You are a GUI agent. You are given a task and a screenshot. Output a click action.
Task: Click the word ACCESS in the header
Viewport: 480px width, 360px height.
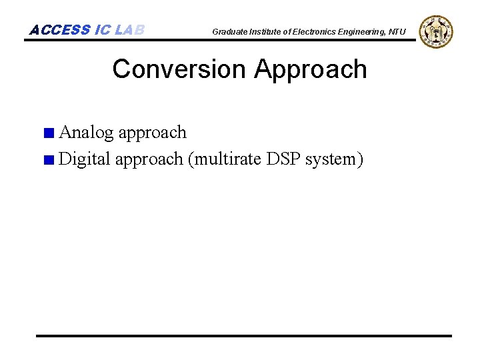(x=59, y=30)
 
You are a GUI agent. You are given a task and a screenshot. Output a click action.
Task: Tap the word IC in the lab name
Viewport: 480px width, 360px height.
(x=103, y=30)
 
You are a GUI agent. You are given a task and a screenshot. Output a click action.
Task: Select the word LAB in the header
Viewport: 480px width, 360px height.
(x=129, y=30)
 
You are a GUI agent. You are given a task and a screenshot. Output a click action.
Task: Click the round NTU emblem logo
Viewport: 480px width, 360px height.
(x=437, y=31)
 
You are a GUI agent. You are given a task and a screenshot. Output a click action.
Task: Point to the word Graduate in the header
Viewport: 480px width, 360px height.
(x=229, y=32)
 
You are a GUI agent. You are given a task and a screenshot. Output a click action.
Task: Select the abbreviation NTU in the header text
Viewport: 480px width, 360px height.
(x=397, y=32)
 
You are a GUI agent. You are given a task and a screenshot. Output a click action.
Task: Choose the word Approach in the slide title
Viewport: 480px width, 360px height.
(x=311, y=69)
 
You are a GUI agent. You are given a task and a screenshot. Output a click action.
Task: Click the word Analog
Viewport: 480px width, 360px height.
(x=87, y=132)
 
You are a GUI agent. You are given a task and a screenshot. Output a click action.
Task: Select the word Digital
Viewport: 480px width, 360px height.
(x=85, y=159)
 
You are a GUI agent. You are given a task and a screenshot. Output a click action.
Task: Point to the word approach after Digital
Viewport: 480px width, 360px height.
(x=149, y=160)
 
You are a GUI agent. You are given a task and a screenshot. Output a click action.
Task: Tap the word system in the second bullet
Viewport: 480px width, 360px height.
(x=333, y=160)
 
